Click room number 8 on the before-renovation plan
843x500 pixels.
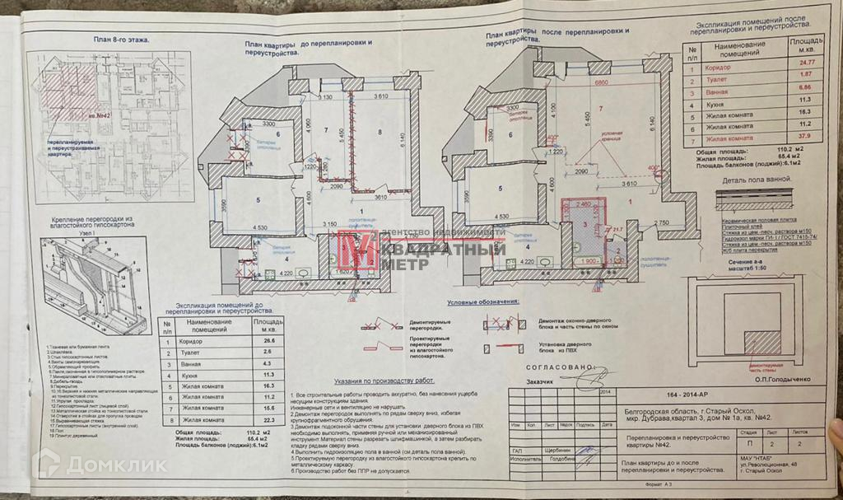pyautogui.click(x=380, y=132)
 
